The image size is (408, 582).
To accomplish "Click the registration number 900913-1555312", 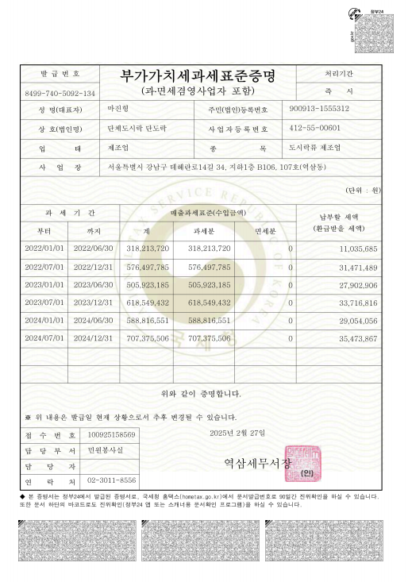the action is pos(320,108).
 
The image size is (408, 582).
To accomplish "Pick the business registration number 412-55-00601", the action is pos(315,128).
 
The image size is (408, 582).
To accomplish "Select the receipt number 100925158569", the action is pos(111,435).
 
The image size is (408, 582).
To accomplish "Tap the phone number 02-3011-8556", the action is pos(111,480).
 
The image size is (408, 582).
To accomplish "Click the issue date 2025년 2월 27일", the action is pos(239,432).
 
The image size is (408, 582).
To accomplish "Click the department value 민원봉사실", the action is pos(106,450).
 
